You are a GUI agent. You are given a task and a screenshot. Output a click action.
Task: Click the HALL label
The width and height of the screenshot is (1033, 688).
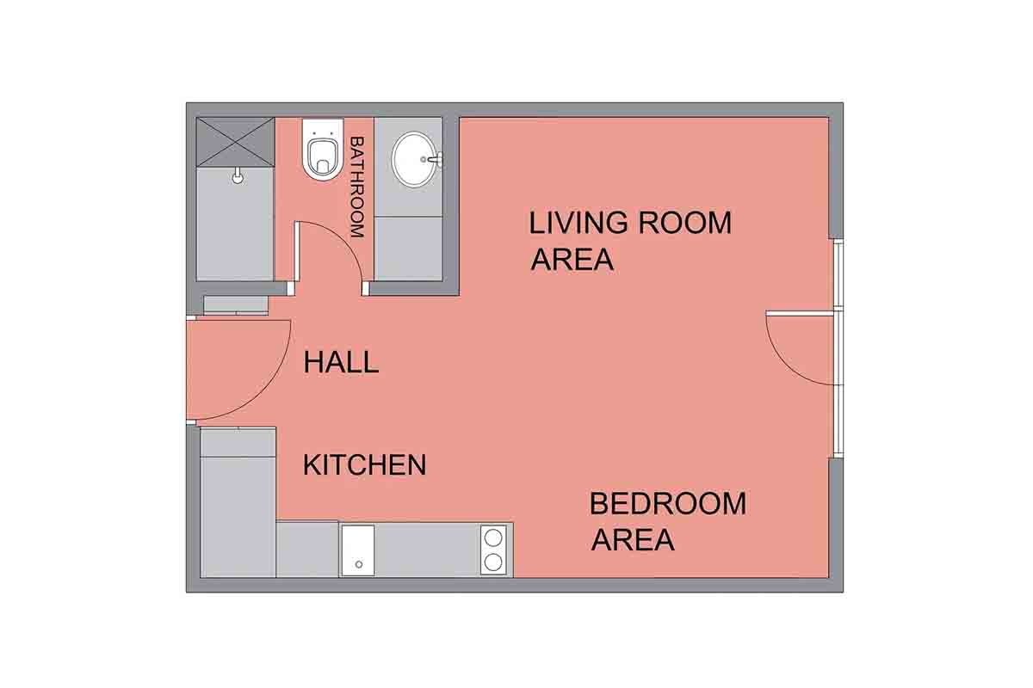coord(341,362)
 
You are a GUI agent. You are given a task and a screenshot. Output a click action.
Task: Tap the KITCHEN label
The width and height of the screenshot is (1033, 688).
coord(364,464)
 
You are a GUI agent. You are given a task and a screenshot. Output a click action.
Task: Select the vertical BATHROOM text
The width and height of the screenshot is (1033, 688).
coord(357,187)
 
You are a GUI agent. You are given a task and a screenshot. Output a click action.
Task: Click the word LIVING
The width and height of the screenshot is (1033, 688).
coord(578,223)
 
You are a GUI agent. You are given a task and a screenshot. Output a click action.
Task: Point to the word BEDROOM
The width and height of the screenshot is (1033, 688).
coord(668,503)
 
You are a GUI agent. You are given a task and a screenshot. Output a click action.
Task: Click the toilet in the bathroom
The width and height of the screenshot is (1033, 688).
coord(324,150)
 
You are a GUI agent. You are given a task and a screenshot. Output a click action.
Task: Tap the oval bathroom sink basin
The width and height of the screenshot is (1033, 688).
coord(414,159)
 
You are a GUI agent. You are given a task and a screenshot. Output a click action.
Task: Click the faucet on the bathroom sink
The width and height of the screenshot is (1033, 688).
coord(435,159)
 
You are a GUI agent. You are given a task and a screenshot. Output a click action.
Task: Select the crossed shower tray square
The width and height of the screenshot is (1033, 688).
coord(235,142)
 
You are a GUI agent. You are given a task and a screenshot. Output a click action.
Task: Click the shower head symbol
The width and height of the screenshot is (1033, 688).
coord(238,175)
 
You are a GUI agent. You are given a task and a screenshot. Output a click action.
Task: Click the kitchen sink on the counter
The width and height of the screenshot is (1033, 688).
coord(358,550)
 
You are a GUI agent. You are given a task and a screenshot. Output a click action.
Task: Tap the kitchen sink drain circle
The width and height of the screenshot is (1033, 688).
coord(359,564)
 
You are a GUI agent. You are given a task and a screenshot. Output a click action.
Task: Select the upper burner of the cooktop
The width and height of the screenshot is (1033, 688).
coord(493,537)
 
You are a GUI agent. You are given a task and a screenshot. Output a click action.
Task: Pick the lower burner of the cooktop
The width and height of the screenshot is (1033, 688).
coord(493,562)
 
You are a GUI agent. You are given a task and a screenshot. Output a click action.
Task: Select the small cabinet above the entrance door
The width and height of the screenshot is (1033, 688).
coord(236,305)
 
